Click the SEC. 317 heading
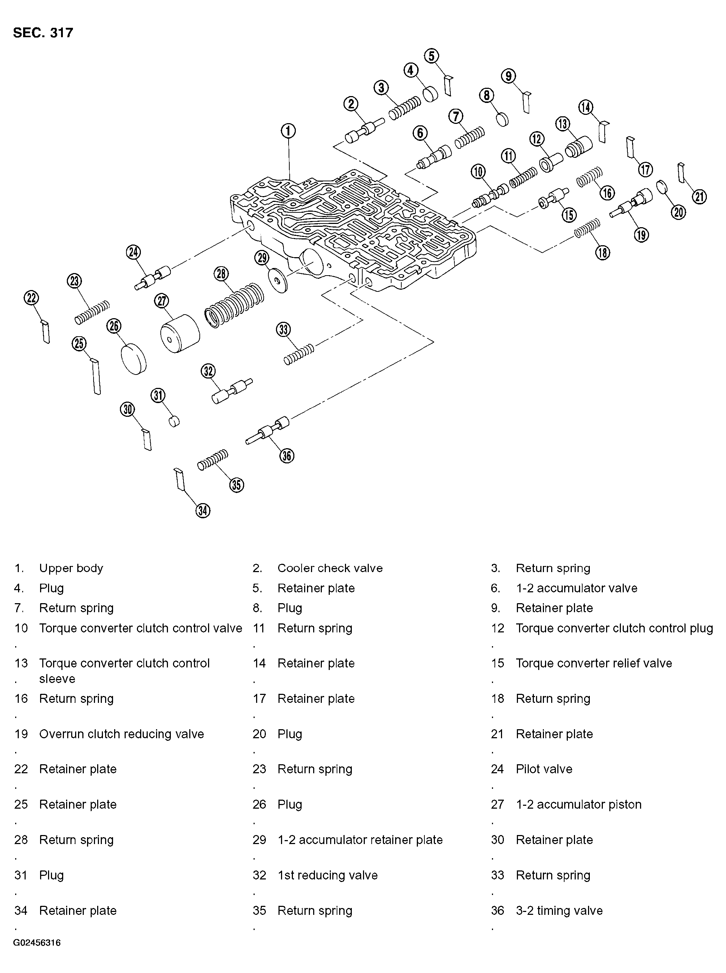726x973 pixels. coord(43,33)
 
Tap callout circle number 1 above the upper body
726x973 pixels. coord(288,131)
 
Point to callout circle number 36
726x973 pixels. coord(286,456)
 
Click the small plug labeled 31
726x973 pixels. coord(174,420)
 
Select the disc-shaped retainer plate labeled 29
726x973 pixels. coord(277,280)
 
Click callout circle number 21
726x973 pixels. coord(700,196)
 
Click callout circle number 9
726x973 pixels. coord(508,77)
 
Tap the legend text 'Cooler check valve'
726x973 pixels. coord(330,568)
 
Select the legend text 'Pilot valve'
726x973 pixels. coord(544,769)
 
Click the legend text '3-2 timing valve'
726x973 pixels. coord(559,911)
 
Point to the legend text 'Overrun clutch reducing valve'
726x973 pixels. coord(121,734)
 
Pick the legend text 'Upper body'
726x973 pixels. coord(71,568)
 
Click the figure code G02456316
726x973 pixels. coord(37,943)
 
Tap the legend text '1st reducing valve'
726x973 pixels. coord(327,875)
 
